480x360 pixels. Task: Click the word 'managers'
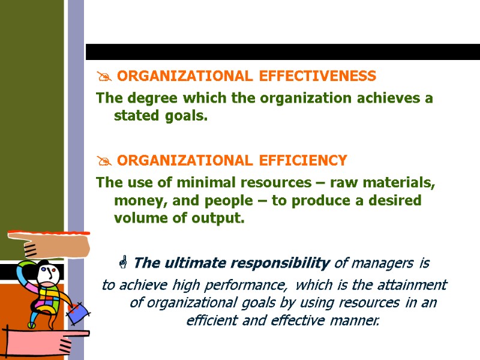pos(382,263)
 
